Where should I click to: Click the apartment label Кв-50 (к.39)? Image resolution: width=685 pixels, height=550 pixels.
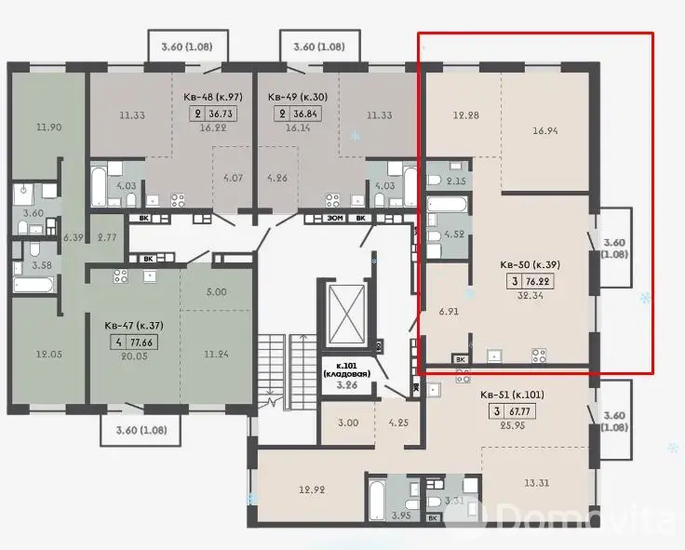coord(530,264)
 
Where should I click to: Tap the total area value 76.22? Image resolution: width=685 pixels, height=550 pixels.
coord(539,281)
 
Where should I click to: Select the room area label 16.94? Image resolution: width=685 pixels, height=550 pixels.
coord(545,130)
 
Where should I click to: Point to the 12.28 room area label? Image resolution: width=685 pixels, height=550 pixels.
coord(465,115)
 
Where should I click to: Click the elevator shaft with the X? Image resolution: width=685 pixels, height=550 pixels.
coord(345,314)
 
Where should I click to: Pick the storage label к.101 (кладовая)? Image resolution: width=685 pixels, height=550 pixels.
coord(347,369)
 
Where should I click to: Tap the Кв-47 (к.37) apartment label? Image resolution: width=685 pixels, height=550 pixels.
coord(134,326)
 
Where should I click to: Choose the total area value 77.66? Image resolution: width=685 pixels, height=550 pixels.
coord(141,342)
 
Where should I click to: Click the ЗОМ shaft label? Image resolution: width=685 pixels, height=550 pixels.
coord(335,218)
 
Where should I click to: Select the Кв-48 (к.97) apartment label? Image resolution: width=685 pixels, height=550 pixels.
coord(213,97)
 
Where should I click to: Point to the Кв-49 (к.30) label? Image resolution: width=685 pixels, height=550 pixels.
coord(298,97)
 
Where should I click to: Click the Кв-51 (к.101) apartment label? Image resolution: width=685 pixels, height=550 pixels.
coord(512,395)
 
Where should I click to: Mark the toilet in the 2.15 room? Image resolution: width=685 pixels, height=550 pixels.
coord(436,181)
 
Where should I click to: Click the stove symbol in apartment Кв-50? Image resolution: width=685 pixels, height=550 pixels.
coord(539,355)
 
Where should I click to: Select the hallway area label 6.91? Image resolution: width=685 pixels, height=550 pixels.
coord(449,312)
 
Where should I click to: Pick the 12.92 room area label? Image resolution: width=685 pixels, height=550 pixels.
coord(312,490)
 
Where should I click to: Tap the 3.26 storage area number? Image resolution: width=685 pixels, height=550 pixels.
coord(347,385)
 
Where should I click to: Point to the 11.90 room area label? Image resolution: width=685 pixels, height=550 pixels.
coord(49,127)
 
